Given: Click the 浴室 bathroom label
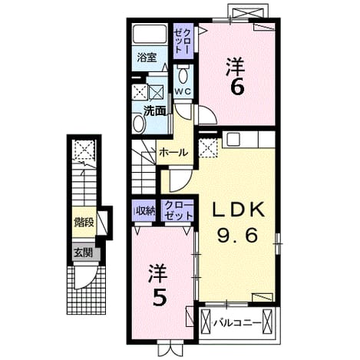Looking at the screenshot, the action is [x=147, y=58].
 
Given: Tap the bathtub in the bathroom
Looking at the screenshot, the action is [x=150, y=35].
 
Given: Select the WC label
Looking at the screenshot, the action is [x=183, y=91].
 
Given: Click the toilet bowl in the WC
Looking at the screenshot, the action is [x=183, y=75].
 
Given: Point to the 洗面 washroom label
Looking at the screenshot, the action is [x=154, y=111].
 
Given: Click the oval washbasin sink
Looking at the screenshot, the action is [x=139, y=124].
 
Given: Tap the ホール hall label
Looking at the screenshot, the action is [x=173, y=153].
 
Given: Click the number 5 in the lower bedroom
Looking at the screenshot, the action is [x=160, y=297].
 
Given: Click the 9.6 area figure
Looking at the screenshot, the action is [x=237, y=236].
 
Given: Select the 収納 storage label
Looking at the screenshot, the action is [x=144, y=210].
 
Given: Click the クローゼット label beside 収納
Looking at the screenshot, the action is [x=178, y=210].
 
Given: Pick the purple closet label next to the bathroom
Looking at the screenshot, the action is [x=183, y=41].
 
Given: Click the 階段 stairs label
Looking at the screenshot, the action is [x=84, y=222].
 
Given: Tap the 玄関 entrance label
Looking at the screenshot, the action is [x=83, y=253].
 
